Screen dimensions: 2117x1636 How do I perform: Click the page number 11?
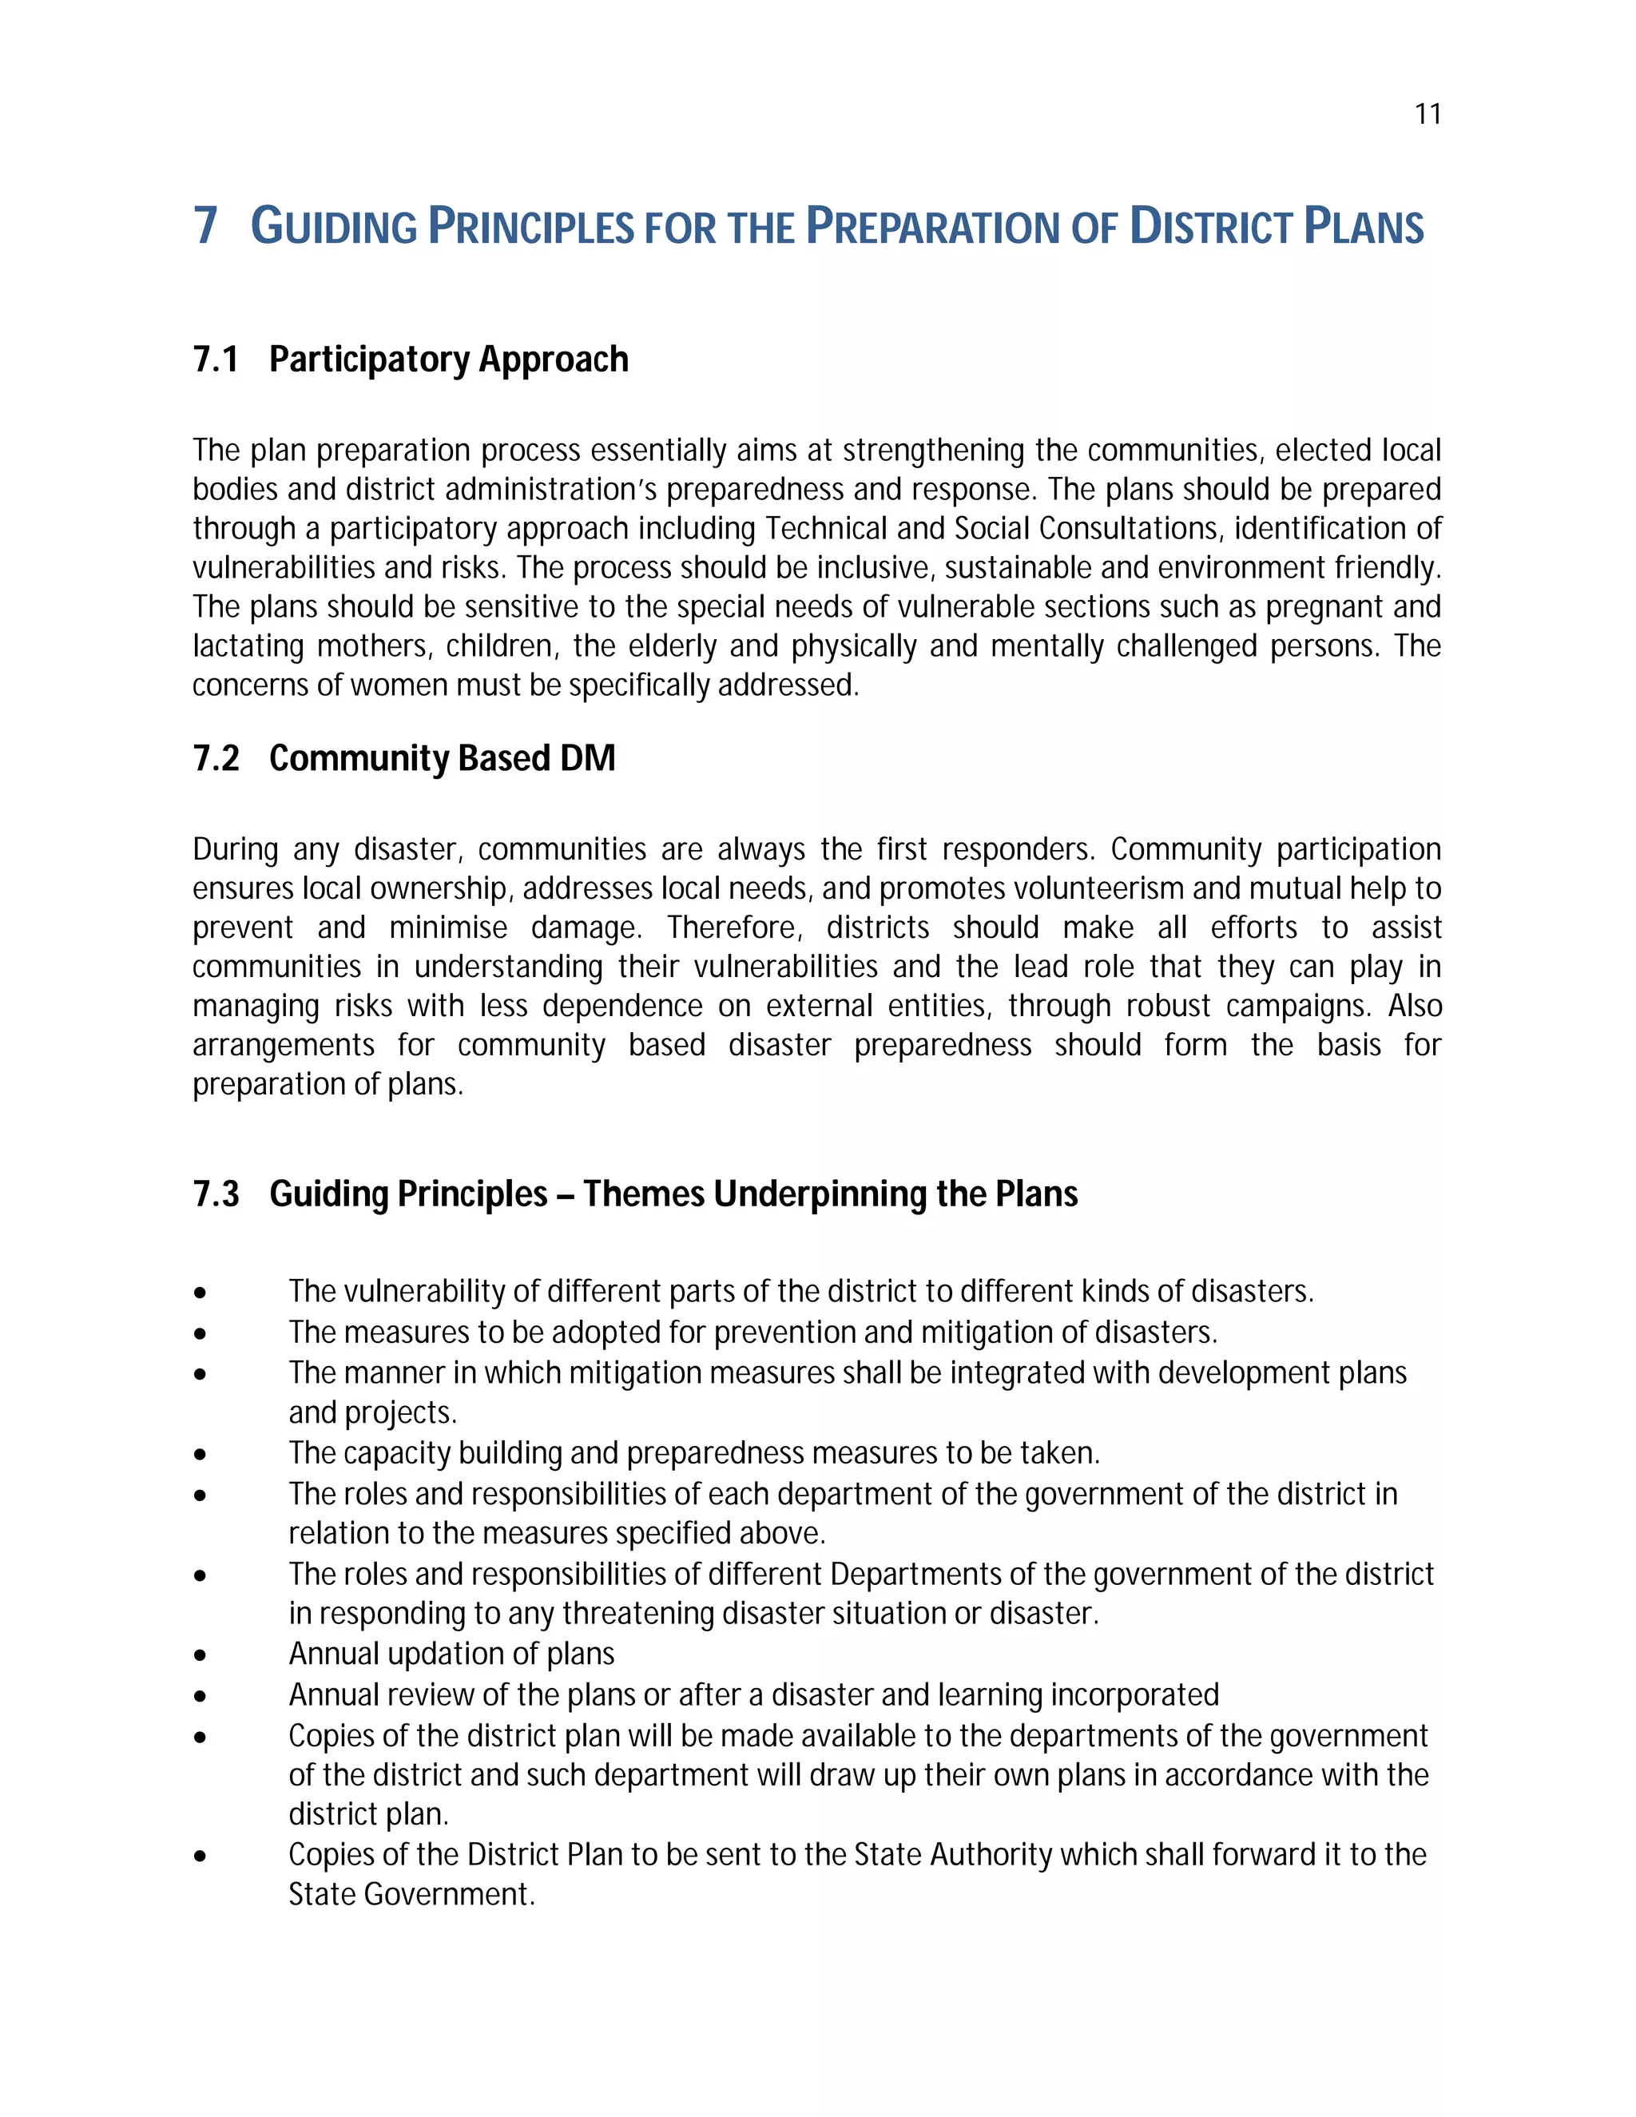(x=1428, y=114)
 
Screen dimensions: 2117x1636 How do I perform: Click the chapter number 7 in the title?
(x=204, y=226)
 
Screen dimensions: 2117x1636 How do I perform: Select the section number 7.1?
(x=215, y=359)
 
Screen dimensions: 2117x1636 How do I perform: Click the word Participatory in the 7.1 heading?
(x=369, y=359)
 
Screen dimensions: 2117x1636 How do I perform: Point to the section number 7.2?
(x=215, y=758)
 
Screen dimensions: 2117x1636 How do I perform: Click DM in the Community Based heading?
(x=587, y=758)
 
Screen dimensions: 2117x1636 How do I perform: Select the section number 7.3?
(x=215, y=1194)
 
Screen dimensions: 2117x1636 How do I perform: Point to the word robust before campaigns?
(x=1167, y=1006)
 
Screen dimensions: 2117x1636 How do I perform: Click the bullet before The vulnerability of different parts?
(x=200, y=1293)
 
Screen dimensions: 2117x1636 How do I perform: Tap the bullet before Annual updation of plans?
(x=200, y=1655)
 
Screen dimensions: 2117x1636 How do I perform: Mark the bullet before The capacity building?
(x=200, y=1454)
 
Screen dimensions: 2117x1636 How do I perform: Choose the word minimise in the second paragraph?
(x=448, y=927)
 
